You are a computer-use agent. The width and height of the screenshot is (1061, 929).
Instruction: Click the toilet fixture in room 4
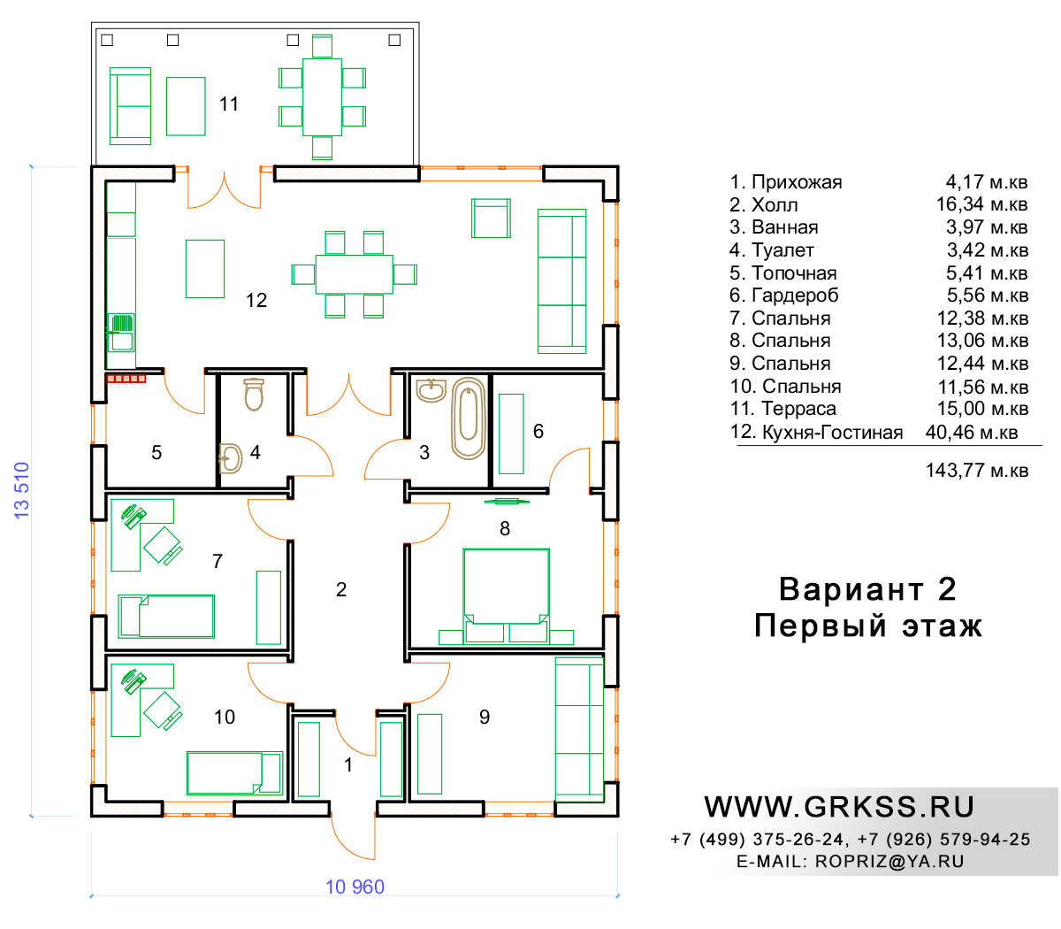coord(254,395)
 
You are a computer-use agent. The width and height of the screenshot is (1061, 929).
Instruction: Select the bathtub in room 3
coord(469,418)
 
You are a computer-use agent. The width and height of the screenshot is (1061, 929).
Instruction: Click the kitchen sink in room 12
coord(121,333)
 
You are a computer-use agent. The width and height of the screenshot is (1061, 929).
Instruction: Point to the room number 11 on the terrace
coord(229,104)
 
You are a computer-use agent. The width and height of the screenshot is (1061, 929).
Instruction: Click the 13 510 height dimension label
coord(22,490)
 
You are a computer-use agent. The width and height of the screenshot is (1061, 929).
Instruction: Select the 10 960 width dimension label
coord(355,887)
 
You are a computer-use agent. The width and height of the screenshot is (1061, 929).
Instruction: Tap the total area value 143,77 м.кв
coord(977,470)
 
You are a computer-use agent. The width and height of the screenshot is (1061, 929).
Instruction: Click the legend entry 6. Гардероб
coord(783,296)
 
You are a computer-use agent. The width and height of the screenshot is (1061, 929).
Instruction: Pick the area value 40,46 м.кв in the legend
coord(972,432)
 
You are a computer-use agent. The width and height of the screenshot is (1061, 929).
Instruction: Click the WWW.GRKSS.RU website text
coord(839,807)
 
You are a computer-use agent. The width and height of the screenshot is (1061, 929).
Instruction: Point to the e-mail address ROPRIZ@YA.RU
coord(889,862)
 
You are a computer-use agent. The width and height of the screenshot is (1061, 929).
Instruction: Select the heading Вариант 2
coord(867,589)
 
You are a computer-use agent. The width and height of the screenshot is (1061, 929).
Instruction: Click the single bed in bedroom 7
coord(166,616)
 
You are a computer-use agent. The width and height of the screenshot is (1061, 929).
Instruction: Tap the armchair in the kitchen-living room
coord(491,218)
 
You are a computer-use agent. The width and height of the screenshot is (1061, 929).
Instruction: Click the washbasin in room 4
coord(230,458)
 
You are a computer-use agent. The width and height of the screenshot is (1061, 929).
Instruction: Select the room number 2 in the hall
coord(340,589)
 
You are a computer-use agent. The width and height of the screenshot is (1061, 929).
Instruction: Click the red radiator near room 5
coord(126,379)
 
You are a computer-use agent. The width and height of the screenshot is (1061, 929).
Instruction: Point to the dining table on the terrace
coord(322,97)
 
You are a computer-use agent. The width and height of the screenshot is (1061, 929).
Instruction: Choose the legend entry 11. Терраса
coord(783,409)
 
